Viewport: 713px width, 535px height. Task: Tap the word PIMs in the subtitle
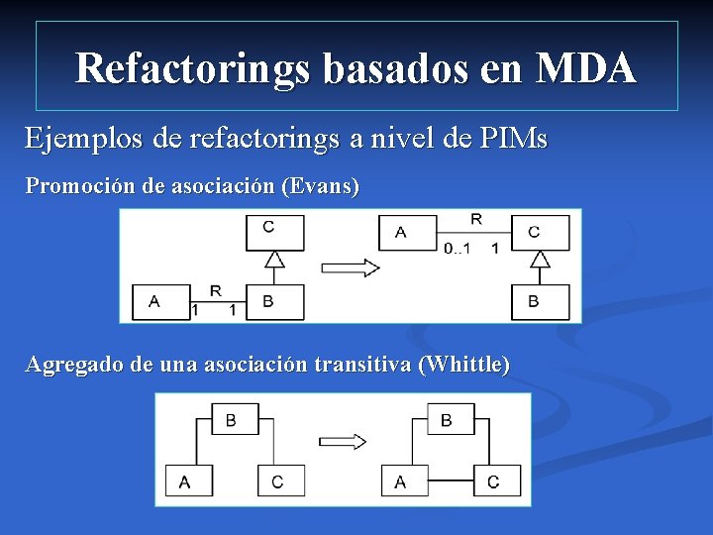point(512,138)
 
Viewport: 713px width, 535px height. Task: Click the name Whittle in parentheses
point(465,365)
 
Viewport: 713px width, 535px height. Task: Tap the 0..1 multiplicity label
point(457,248)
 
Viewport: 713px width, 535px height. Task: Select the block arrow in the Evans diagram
point(351,267)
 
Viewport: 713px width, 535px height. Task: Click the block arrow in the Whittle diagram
point(344,442)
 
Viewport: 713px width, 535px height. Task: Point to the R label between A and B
point(216,290)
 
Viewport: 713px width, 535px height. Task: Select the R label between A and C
point(476,219)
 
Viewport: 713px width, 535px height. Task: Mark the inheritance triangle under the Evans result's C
point(540,260)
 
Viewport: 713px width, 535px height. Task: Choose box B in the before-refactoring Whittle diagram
point(231,420)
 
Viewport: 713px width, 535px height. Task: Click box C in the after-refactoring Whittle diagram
point(493,481)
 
